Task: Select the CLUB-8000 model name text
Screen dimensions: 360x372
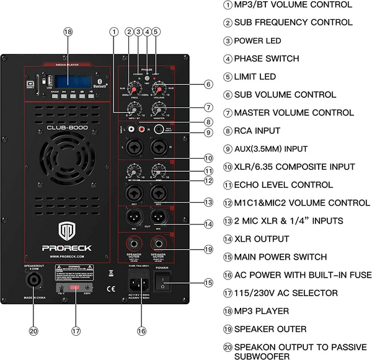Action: pos(69,129)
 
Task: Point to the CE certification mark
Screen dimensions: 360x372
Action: pos(110,287)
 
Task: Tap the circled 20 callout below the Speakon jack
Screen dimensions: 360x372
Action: pos(33,331)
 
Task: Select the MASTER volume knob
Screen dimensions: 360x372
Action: pos(160,109)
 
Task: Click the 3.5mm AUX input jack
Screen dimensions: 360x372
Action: pos(160,130)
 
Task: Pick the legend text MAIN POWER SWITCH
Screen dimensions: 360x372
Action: pos(277,257)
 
